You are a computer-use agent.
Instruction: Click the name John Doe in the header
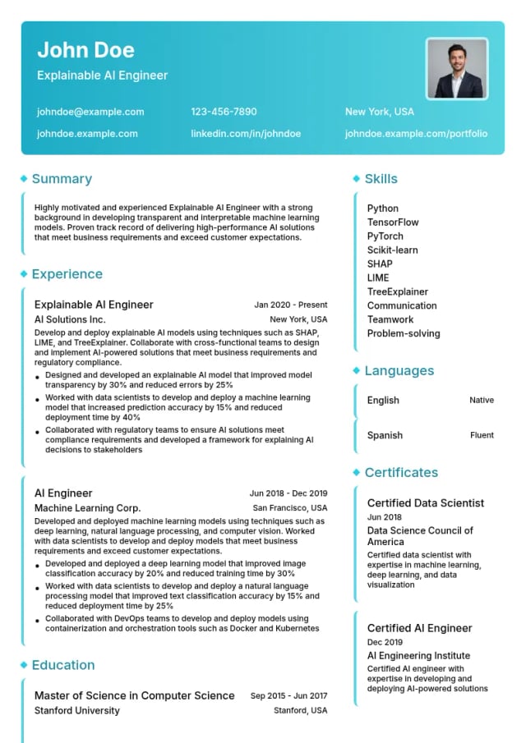pos(85,50)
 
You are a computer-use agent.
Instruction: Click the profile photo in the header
pos(457,68)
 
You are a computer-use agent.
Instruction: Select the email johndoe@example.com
pos(90,112)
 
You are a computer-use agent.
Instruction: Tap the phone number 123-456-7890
pos(224,112)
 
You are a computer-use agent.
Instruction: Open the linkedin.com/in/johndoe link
pos(246,133)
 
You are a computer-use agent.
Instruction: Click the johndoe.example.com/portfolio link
pos(416,133)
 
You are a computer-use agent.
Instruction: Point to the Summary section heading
pos(62,179)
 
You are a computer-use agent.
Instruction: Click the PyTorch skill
pos(385,236)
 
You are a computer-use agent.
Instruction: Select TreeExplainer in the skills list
pos(397,291)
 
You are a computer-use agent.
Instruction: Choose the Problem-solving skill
pos(403,333)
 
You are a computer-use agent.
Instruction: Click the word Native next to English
pos(481,401)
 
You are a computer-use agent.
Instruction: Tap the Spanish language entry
pos(385,436)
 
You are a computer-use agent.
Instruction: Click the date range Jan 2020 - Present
pos(290,305)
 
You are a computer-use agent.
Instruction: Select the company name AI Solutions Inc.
pos(70,319)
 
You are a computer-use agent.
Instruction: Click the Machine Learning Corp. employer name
pos(87,508)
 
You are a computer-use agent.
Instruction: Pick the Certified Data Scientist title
pos(425,503)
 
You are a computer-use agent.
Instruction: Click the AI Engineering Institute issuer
pos(418,656)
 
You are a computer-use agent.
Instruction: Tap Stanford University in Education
pos(76,711)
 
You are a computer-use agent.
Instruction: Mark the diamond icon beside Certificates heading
pos(356,473)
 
